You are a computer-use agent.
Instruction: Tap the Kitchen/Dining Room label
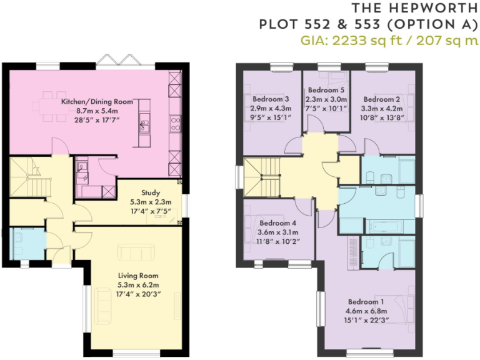click(97, 101)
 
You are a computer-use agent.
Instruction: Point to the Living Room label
click(138, 275)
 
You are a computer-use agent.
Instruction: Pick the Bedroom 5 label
click(325, 90)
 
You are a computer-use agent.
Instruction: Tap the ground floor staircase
click(29, 181)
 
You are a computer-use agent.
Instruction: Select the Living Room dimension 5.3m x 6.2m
click(138, 284)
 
